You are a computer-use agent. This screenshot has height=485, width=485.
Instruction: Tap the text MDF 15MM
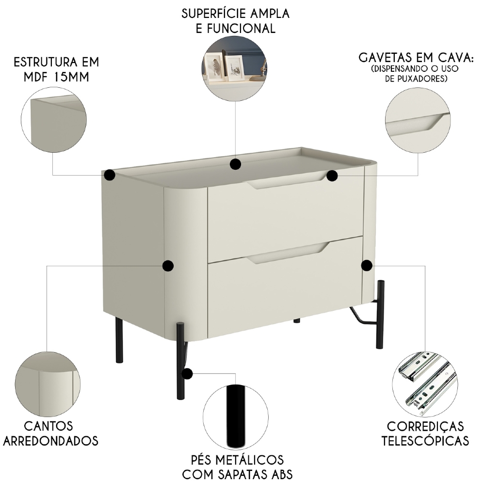click(56, 77)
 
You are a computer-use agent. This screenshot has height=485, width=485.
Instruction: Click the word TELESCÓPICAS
click(425, 440)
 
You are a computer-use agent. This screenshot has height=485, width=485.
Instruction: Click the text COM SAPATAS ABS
click(237, 473)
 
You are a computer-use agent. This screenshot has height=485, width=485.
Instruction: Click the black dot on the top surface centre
click(235, 164)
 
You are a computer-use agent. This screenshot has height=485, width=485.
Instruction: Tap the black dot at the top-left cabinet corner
click(110, 175)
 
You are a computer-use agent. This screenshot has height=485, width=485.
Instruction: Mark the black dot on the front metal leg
click(187, 373)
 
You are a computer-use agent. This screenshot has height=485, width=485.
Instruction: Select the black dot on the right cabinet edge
click(367, 265)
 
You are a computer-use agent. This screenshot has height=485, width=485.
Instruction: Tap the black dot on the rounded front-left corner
click(168, 265)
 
